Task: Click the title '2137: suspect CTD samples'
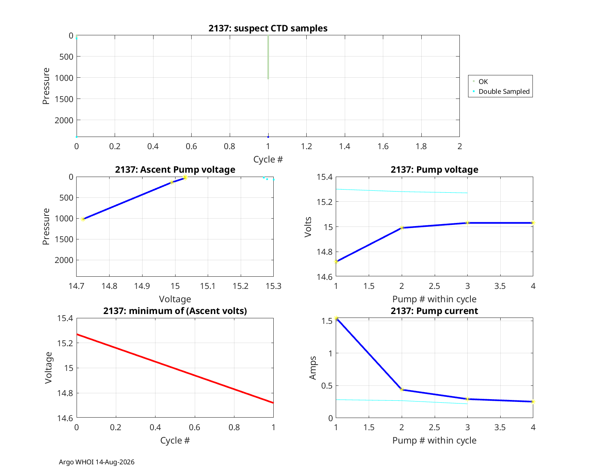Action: coord(268,28)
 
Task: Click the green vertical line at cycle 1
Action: coord(268,57)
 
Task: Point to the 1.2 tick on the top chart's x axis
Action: coord(306,146)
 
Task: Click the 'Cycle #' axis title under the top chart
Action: coord(268,159)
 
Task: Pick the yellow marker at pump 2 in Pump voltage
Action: coord(402,227)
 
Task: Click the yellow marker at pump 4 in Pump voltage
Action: coord(532,223)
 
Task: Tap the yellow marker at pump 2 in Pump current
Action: coord(402,389)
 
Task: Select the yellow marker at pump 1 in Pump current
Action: coord(336,318)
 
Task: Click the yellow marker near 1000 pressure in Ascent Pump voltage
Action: coord(83,219)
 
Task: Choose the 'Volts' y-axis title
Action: coord(308,227)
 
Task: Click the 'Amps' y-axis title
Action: coord(313,368)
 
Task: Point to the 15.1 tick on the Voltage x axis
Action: coord(208,286)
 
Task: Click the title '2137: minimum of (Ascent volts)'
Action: coord(175,311)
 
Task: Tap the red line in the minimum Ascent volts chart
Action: coord(175,369)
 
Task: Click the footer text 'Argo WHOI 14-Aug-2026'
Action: coord(97,462)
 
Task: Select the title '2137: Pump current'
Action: coord(434,311)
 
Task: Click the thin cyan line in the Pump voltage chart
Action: coord(402,192)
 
